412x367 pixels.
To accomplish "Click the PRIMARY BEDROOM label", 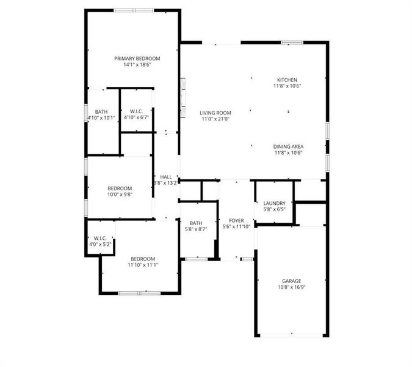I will click(x=137, y=59).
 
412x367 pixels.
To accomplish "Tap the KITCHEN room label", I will click(x=287, y=80).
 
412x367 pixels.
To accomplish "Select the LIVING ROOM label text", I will click(x=215, y=113).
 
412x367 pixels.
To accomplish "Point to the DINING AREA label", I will click(x=289, y=146).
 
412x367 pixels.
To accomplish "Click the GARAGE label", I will click(x=291, y=281).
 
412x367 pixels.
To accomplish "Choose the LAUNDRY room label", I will click(x=274, y=203).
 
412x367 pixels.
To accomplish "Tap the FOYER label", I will click(x=236, y=220).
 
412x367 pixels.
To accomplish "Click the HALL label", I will click(x=166, y=176).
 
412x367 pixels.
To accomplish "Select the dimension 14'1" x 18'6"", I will click(x=137, y=64).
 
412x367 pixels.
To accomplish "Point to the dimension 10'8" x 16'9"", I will click(x=291, y=287).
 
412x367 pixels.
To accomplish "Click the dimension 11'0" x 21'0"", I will click(x=215, y=119).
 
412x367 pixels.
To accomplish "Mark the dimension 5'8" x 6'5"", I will click(x=274, y=209).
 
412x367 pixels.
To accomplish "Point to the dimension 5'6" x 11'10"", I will click(x=236, y=226).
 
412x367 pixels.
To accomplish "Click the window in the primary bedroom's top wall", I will click(x=134, y=10).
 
